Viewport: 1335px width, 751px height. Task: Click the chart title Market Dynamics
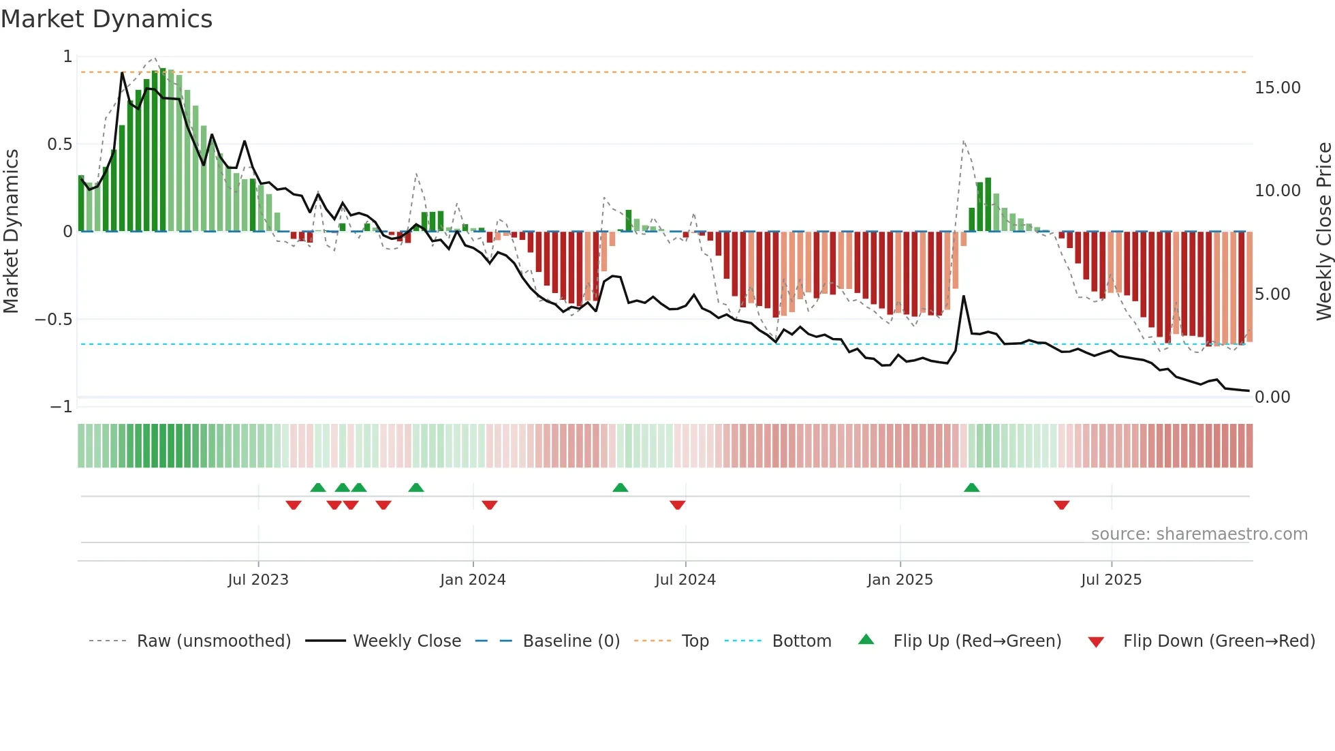(x=106, y=19)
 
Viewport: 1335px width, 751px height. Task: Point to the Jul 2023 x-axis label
(x=258, y=580)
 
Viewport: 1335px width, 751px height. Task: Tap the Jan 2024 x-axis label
(x=473, y=580)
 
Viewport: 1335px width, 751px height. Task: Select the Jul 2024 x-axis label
(x=685, y=580)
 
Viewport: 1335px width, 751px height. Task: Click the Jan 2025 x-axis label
(x=900, y=580)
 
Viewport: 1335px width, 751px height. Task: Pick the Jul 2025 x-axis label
(x=1111, y=580)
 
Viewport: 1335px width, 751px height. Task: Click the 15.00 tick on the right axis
(x=1277, y=88)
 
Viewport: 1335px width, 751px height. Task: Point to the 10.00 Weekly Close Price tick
(x=1277, y=191)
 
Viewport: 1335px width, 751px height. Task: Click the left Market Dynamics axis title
(x=11, y=232)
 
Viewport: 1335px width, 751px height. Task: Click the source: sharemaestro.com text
(x=1199, y=534)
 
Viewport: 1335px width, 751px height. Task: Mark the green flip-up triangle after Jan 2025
(x=972, y=488)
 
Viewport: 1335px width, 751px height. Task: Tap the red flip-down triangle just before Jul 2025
(x=1061, y=505)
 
